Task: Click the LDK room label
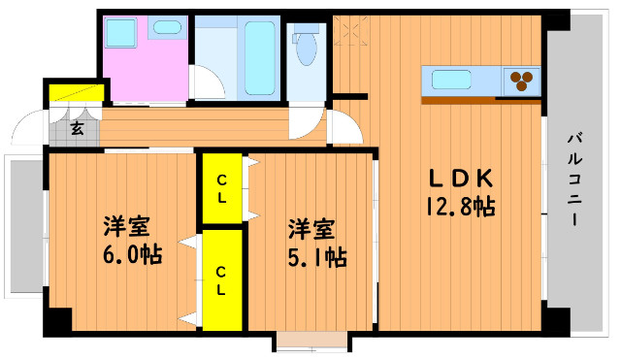[x=462, y=179]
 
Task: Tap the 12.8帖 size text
[x=461, y=207]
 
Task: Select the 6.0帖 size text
[x=133, y=254]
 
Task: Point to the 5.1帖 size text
[x=317, y=258]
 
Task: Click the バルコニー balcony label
[x=574, y=180]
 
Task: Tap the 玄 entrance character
[x=78, y=128]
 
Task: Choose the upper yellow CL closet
[x=222, y=188]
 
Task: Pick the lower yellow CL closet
[x=222, y=280]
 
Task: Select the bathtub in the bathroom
[x=260, y=58]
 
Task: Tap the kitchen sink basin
[x=451, y=80]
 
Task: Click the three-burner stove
[x=521, y=81]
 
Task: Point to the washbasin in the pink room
[x=167, y=27]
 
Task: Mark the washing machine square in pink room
[x=120, y=33]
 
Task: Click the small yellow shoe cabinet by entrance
[x=77, y=93]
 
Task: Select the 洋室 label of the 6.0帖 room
[x=127, y=226]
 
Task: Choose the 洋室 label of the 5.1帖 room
[x=311, y=230]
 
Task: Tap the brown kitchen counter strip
[x=481, y=100]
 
